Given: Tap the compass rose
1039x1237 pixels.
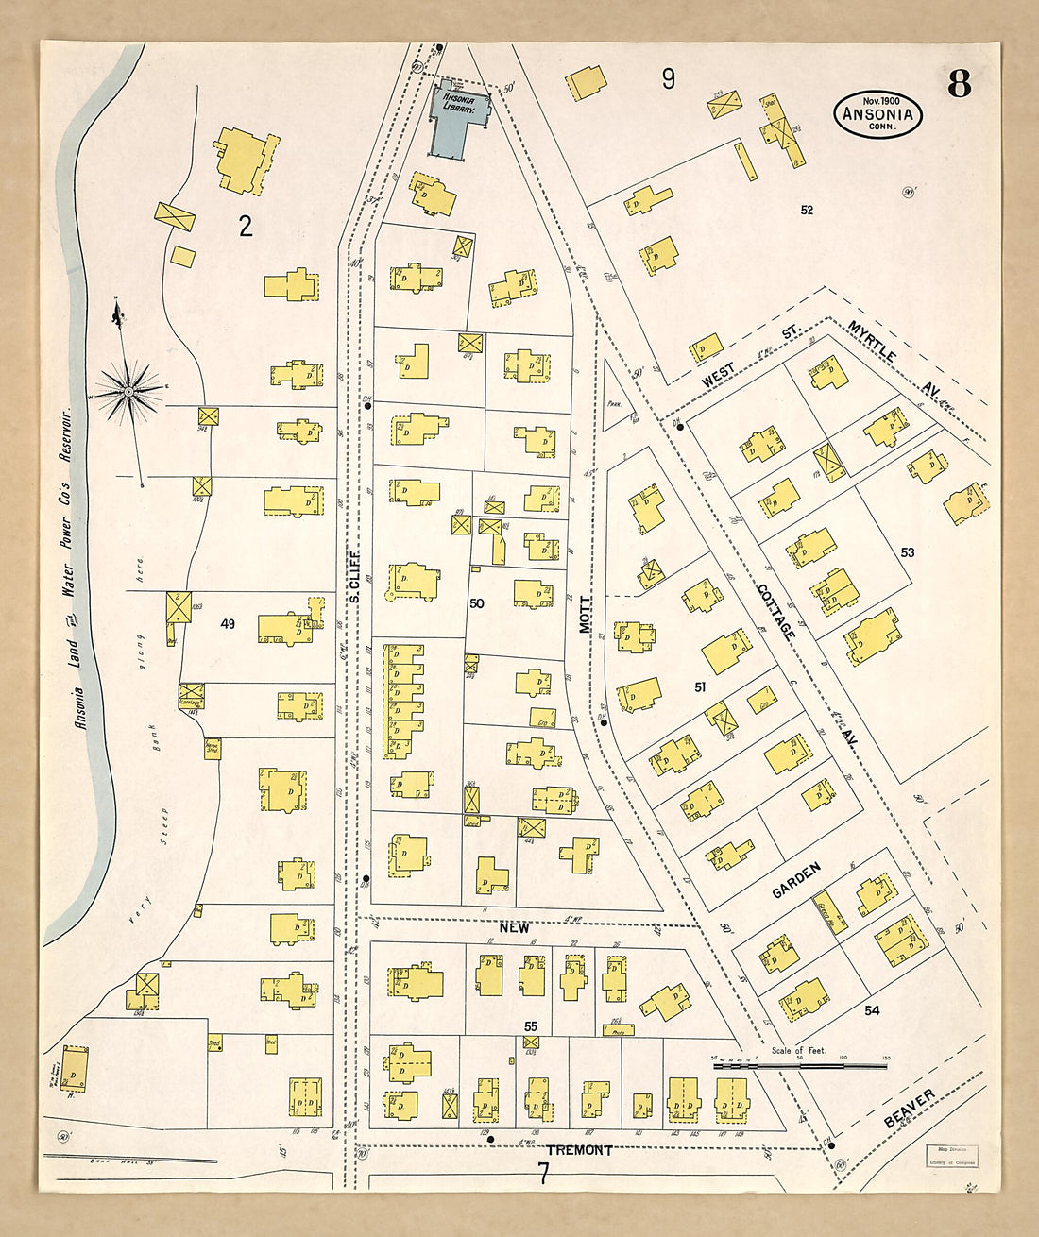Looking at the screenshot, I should tap(128, 389).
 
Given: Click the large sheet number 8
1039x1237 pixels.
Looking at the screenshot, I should tap(959, 85).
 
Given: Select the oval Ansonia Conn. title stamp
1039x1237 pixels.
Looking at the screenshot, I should tap(877, 115).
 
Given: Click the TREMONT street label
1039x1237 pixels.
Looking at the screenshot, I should tap(580, 1150).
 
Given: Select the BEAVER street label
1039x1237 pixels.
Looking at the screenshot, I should tap(910, 1109).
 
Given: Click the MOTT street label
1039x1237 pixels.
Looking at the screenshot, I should tap(585, 613).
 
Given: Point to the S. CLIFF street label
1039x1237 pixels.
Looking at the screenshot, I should tap(355, 575).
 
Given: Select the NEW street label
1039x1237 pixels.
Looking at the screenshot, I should tap(515, 928).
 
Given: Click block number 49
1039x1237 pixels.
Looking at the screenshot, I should tap(228, 623).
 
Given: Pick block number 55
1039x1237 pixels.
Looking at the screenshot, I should tap(531, 1025).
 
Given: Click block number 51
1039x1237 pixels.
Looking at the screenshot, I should tap(700, 687).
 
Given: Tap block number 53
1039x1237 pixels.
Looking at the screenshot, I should tap(908, 551).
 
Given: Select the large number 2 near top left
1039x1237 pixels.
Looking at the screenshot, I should tap(246, 227).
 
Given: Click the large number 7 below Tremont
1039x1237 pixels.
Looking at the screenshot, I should tap(543, 1174).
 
